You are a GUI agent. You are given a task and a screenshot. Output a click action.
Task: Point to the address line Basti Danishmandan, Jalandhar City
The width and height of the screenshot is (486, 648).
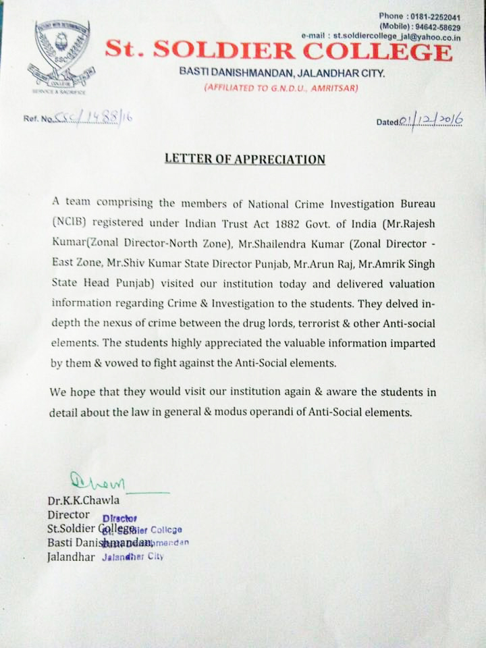tap(281, 73)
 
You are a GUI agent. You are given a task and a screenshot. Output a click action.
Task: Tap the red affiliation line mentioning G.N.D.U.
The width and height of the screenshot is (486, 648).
tap(281, 88)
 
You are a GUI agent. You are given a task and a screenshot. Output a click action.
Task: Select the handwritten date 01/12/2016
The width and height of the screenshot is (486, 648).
tap(431, 120)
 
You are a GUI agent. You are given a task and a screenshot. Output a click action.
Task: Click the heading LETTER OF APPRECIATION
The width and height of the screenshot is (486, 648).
tap(245, 160)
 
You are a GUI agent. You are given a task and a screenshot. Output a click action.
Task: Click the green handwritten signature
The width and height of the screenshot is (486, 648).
tap(98, 483)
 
